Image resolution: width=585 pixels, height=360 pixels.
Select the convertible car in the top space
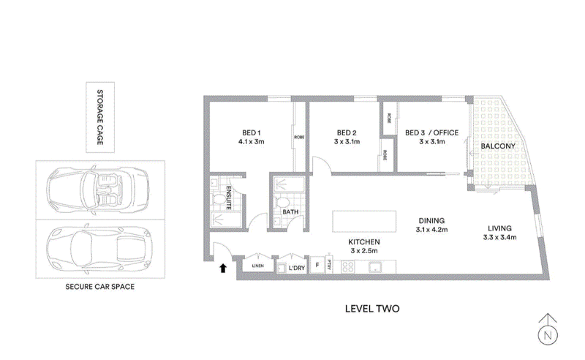pos(97,190)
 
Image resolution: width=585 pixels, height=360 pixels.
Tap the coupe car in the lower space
pos(97,247)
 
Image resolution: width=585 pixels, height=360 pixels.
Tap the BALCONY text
pos(499,146)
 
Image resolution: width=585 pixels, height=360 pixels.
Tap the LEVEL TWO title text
pos(371,309)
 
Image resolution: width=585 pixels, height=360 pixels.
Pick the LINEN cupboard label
pos(257,266)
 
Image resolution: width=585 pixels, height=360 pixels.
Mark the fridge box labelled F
pos(317,265)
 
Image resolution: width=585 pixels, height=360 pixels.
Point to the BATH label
pos(290,213)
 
